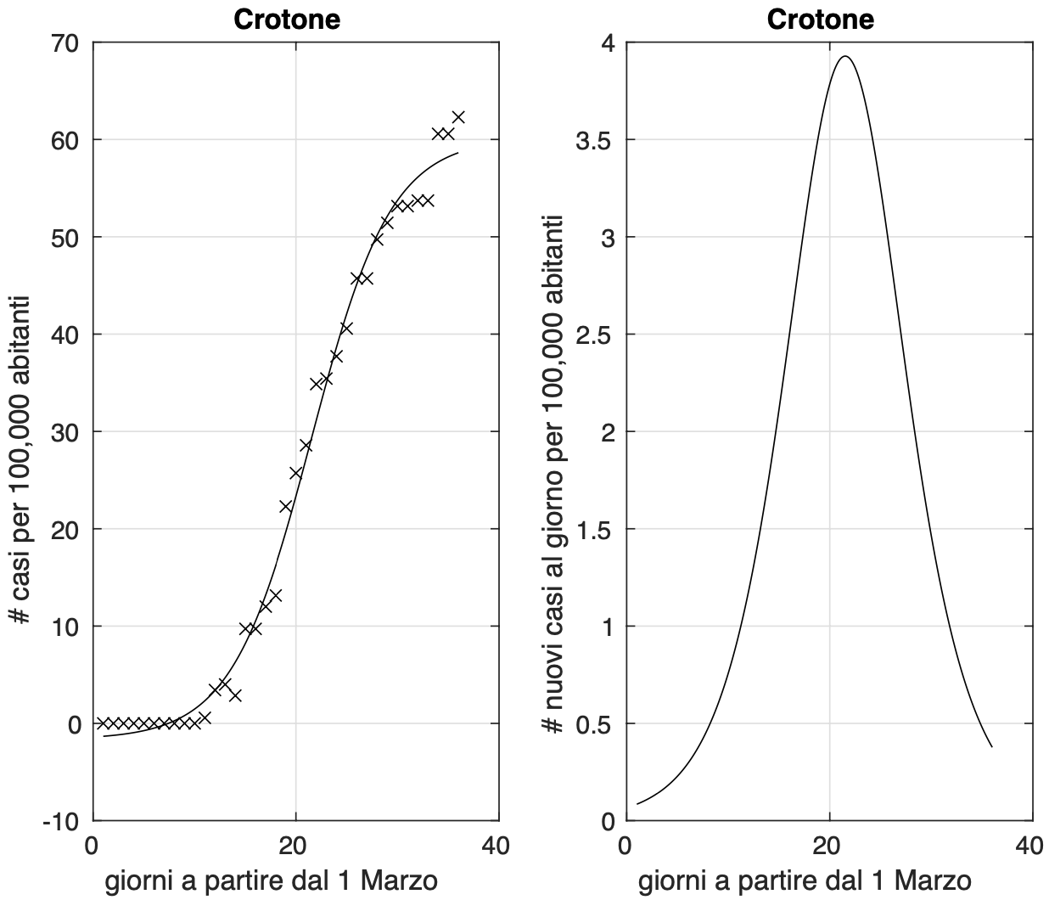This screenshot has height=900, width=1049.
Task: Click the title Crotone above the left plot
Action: coord(287,20)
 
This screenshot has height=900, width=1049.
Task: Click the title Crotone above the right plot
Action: coord(820,20)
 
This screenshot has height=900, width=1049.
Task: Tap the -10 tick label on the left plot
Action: coord(61,822)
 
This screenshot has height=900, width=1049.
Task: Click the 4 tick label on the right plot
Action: coord(609,42)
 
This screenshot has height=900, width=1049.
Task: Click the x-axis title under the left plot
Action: coord(272,881)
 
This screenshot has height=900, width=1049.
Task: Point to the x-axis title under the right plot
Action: coord(805,881)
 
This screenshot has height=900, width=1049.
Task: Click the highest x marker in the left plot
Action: coord(458,116)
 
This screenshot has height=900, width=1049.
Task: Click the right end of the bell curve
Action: coord(991,747)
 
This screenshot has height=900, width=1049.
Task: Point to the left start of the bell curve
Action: coord(637,803)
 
